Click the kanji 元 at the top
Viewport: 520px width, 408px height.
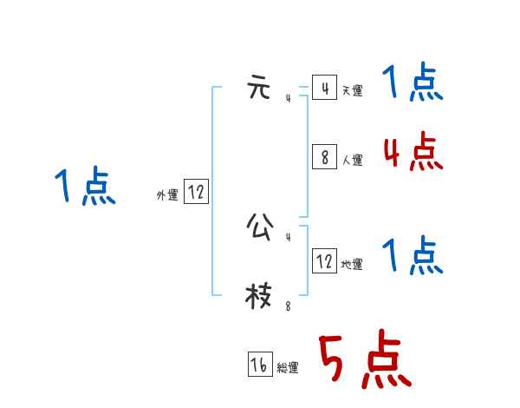258,89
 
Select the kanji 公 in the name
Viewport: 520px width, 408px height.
258,227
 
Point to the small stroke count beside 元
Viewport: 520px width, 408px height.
289,99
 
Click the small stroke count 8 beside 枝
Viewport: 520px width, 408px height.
289,306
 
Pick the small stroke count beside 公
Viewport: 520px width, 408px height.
289,237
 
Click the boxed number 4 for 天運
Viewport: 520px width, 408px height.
324,89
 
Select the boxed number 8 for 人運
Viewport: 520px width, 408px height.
324,157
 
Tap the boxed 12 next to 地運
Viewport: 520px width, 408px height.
324,261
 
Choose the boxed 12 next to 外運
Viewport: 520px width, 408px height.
196,192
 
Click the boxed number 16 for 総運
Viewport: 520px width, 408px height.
260,365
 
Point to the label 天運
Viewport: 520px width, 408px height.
352,91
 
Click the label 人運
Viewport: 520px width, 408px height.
352,160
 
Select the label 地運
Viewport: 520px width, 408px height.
352,264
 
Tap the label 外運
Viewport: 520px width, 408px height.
167,195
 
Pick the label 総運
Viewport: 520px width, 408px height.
288,368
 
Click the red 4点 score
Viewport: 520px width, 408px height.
413,153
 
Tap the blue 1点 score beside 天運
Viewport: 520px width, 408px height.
413,84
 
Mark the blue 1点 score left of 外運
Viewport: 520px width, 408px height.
85,188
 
